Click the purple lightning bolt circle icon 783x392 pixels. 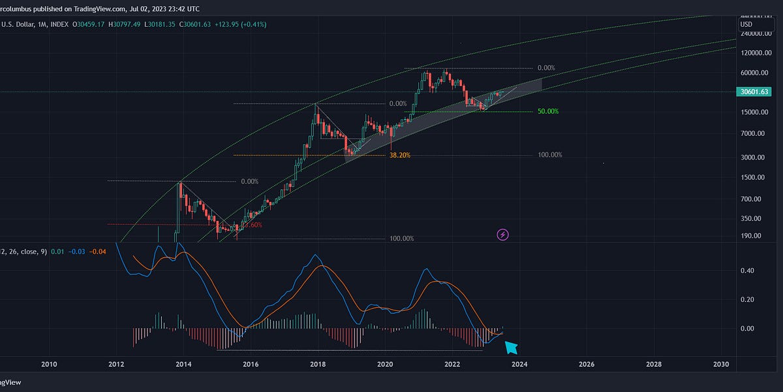click(x=503, y=234)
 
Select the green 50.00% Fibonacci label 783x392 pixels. click(x=547, y=112)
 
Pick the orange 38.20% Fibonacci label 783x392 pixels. click(x=400, y=155)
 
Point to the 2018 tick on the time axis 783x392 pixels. click(x=318, y=364)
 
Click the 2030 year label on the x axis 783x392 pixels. click(x=721, y=364)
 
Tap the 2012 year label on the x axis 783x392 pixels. click(x=116, y=364)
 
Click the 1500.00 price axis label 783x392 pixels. click(x=754, y=178)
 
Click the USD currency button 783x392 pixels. click(x=746, y=24)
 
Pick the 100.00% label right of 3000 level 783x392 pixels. click(x=549, y=155)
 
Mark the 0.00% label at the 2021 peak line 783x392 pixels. click(x=545, y=68)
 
